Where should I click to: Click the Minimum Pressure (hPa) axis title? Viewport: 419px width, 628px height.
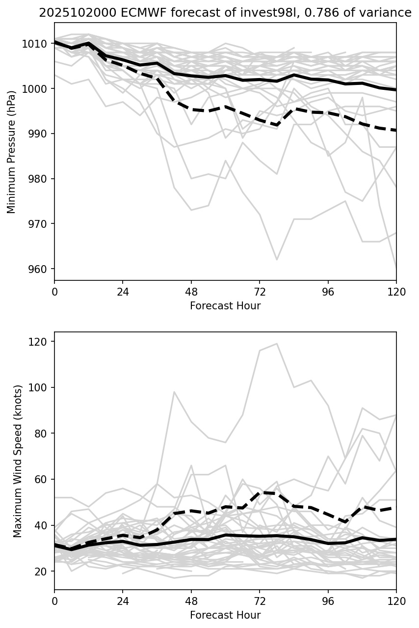click(x=11, y=152)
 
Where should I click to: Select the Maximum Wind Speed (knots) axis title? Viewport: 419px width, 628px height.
click(x=18, y=461)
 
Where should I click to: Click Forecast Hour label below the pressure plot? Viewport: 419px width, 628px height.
click(x=225, y=306)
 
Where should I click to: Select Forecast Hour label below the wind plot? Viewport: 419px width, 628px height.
click(x=225, y=615)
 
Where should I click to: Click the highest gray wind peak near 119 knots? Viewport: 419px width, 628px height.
click(x=277, y=344)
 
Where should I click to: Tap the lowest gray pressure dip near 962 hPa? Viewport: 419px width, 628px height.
click(x=277, y=259)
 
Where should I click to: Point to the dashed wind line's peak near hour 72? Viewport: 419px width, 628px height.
click(x=261, y=492)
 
